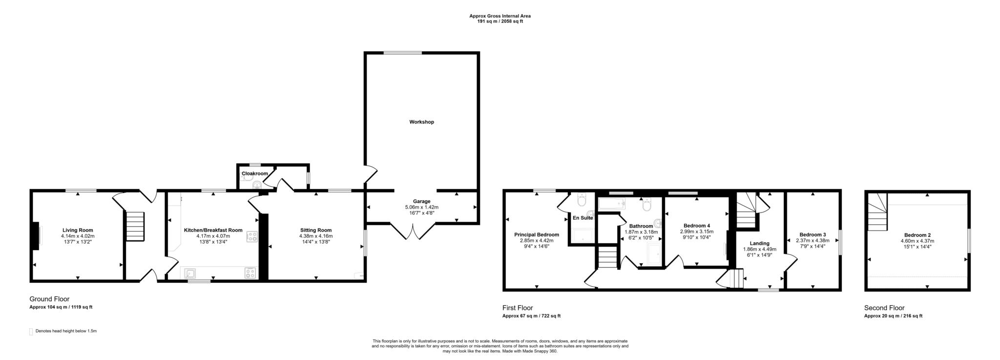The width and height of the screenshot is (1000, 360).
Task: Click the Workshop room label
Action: click(x=421, y=122)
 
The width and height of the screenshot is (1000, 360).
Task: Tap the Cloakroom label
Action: click(x=255, y=174)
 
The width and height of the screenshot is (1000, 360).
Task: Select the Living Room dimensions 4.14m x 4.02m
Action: click(x=78, y=236)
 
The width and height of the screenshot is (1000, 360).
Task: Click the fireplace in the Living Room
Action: click(x=36, y=236)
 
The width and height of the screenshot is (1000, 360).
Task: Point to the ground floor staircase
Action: click(x=135, y=226)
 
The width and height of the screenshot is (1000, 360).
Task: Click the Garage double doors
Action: click(x=413, y=232)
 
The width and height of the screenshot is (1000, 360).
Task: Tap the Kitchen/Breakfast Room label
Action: click(x=213, y=230)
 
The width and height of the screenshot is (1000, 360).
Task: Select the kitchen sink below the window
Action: click(x=190, y=274)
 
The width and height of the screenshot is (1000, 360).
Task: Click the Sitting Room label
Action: click(x=316, y=230)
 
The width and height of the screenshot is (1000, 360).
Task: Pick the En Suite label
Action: click(x=583, y=218)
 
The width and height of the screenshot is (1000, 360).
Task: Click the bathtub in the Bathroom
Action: click(x=612, y=204)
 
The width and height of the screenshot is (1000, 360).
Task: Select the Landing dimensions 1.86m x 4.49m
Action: click(x=759, y=249)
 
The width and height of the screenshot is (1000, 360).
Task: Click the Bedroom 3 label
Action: click(x=812, y=234)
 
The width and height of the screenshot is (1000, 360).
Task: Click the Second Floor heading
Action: click(x=884, y=308)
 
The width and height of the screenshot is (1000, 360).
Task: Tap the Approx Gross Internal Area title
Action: click(x=500, y=16)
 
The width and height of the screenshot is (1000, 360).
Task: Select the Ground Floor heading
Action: click(x=49, y=299)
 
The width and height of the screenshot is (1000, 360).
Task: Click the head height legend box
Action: click(x=31, y=331)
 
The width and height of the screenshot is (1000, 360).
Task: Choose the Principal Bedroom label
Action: click(x=537, y=234)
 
